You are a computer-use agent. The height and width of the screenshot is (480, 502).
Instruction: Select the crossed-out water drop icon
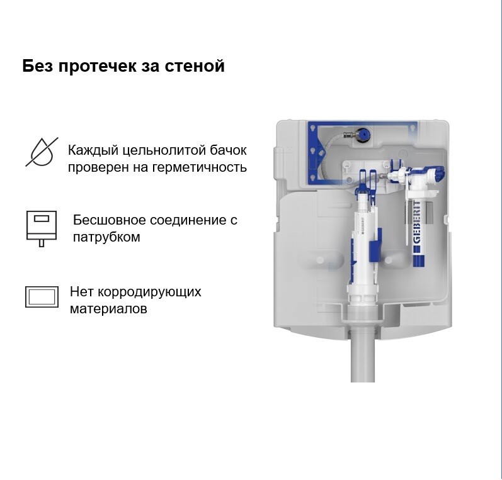pyautogui.click(x=42, y=152)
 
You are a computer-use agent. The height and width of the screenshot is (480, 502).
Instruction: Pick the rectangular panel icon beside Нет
pyautogui.click(x=42, y=297)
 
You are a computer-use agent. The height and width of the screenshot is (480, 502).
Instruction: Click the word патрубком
pyautogui.click(x=106, y=237)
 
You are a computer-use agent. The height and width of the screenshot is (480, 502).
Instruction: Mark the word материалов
pyautogui.click(x=108, y=309)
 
